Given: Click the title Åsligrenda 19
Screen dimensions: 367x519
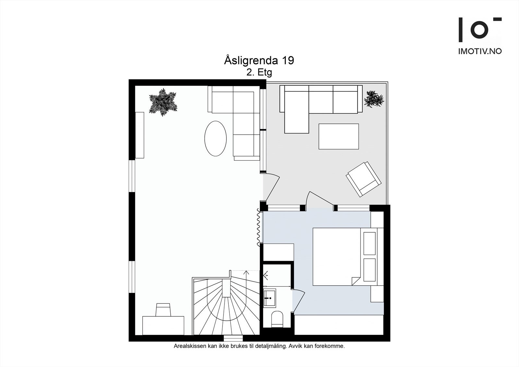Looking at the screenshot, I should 259,60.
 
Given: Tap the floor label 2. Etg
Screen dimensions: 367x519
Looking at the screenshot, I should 259,72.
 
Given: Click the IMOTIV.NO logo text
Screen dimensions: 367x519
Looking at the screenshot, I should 480,51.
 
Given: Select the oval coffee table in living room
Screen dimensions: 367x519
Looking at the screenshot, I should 215,139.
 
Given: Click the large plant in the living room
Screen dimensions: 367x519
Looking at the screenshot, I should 163,102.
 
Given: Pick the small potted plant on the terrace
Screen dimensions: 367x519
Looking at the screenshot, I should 374,99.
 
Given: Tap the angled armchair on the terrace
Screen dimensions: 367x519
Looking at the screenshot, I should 363,179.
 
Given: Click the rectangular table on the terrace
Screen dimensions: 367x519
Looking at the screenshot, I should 338,136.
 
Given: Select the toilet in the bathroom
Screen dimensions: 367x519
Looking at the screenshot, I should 277,319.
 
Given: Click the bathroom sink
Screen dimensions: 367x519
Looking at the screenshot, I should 269,297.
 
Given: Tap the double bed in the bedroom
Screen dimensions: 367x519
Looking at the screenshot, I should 336,257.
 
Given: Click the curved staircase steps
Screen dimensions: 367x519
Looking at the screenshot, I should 227,312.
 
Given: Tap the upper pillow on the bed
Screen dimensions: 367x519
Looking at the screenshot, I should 369,243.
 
